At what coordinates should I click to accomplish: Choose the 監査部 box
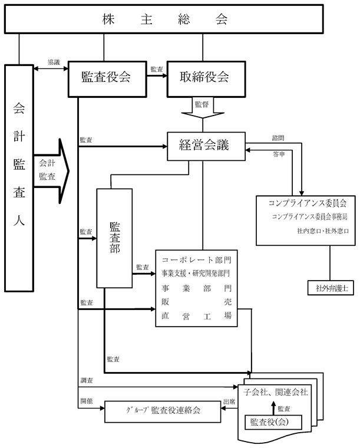[x=114, y=238]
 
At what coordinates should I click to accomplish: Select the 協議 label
[x=54, y=62]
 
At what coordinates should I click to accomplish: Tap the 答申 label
[x=279, y=154]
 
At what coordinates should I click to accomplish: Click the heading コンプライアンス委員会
[x=303, y=203]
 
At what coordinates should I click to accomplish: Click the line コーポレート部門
[x=195, y=259]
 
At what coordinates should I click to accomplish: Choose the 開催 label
[x=86, y=402]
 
